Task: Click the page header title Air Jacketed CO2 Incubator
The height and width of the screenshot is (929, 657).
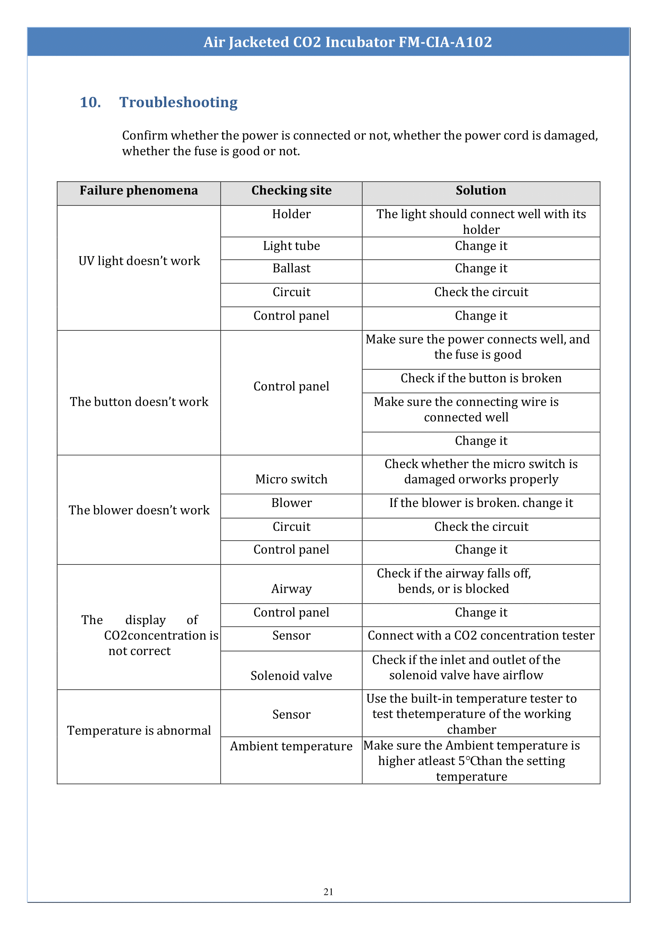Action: point(348,42)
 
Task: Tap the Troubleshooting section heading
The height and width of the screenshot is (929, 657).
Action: point(178,102)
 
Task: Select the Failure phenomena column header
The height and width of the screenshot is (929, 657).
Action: point(139,191)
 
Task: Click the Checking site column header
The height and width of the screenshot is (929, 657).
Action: point(291,191)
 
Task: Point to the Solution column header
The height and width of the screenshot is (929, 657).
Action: point(480,191)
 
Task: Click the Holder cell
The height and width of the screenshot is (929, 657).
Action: point(291,214)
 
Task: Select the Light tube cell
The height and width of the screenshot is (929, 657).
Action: point(291,246)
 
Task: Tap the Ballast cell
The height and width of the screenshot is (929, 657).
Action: point(291,268)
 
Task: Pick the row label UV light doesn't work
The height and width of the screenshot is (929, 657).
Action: point(139,261)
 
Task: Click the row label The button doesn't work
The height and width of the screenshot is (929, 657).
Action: point(139,402)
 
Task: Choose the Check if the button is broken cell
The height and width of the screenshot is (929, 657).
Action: point(481,378)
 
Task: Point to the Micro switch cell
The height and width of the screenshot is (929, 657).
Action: point(291,479)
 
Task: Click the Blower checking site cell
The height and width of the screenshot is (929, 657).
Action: point(291,503)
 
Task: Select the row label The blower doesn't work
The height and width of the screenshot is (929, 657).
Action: point(139,511)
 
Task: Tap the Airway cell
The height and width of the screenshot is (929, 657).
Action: point(291,589)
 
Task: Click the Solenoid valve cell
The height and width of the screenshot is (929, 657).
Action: point(291,676)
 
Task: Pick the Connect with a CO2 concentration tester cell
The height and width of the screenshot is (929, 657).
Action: point(481,636)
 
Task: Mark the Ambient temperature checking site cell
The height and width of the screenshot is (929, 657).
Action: point(291,746)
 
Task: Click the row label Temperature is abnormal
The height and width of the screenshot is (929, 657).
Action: point(139,730)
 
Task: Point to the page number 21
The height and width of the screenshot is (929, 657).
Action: point(328,891)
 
